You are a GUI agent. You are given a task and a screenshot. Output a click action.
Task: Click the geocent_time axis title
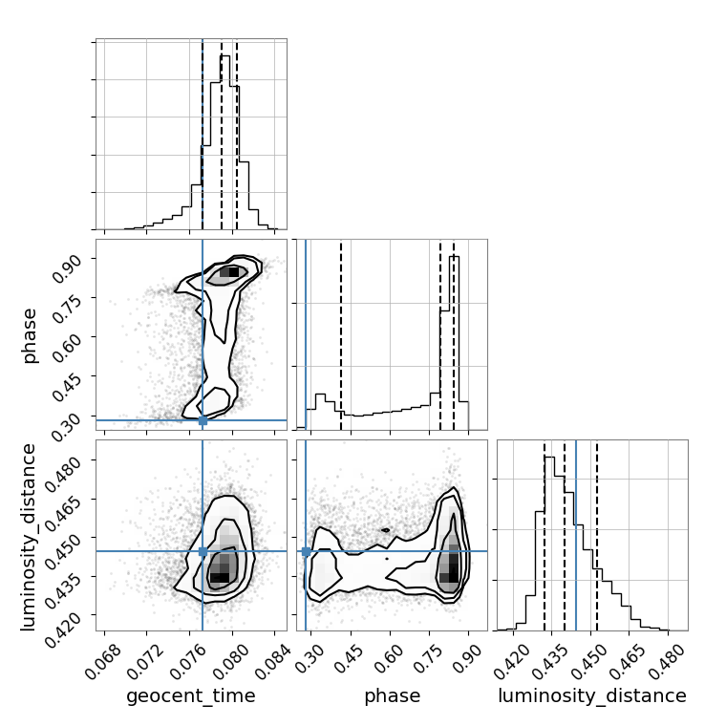[x=191, y=695]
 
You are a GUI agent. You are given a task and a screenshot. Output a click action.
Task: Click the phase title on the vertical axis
[x=29, y=335]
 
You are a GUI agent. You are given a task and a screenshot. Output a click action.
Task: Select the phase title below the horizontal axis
[x=393, y=696]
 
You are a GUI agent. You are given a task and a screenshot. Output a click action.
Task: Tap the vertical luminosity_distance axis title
[x=29, y=537]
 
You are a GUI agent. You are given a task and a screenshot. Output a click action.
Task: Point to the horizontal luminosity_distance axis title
[x=592, y=695]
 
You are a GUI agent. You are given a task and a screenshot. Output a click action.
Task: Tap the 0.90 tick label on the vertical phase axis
[x=67, y=268]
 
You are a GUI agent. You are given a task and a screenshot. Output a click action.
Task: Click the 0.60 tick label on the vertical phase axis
[x=67, y=348]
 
